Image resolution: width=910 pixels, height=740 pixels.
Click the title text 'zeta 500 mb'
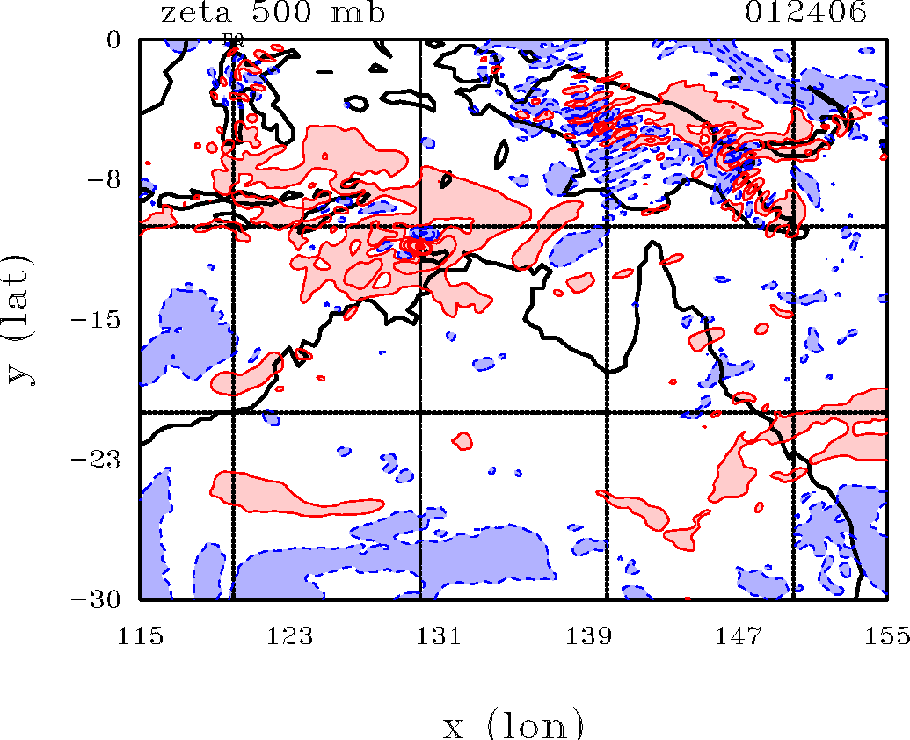(273, 14)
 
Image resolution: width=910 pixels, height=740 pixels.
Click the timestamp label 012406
(806, 14)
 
